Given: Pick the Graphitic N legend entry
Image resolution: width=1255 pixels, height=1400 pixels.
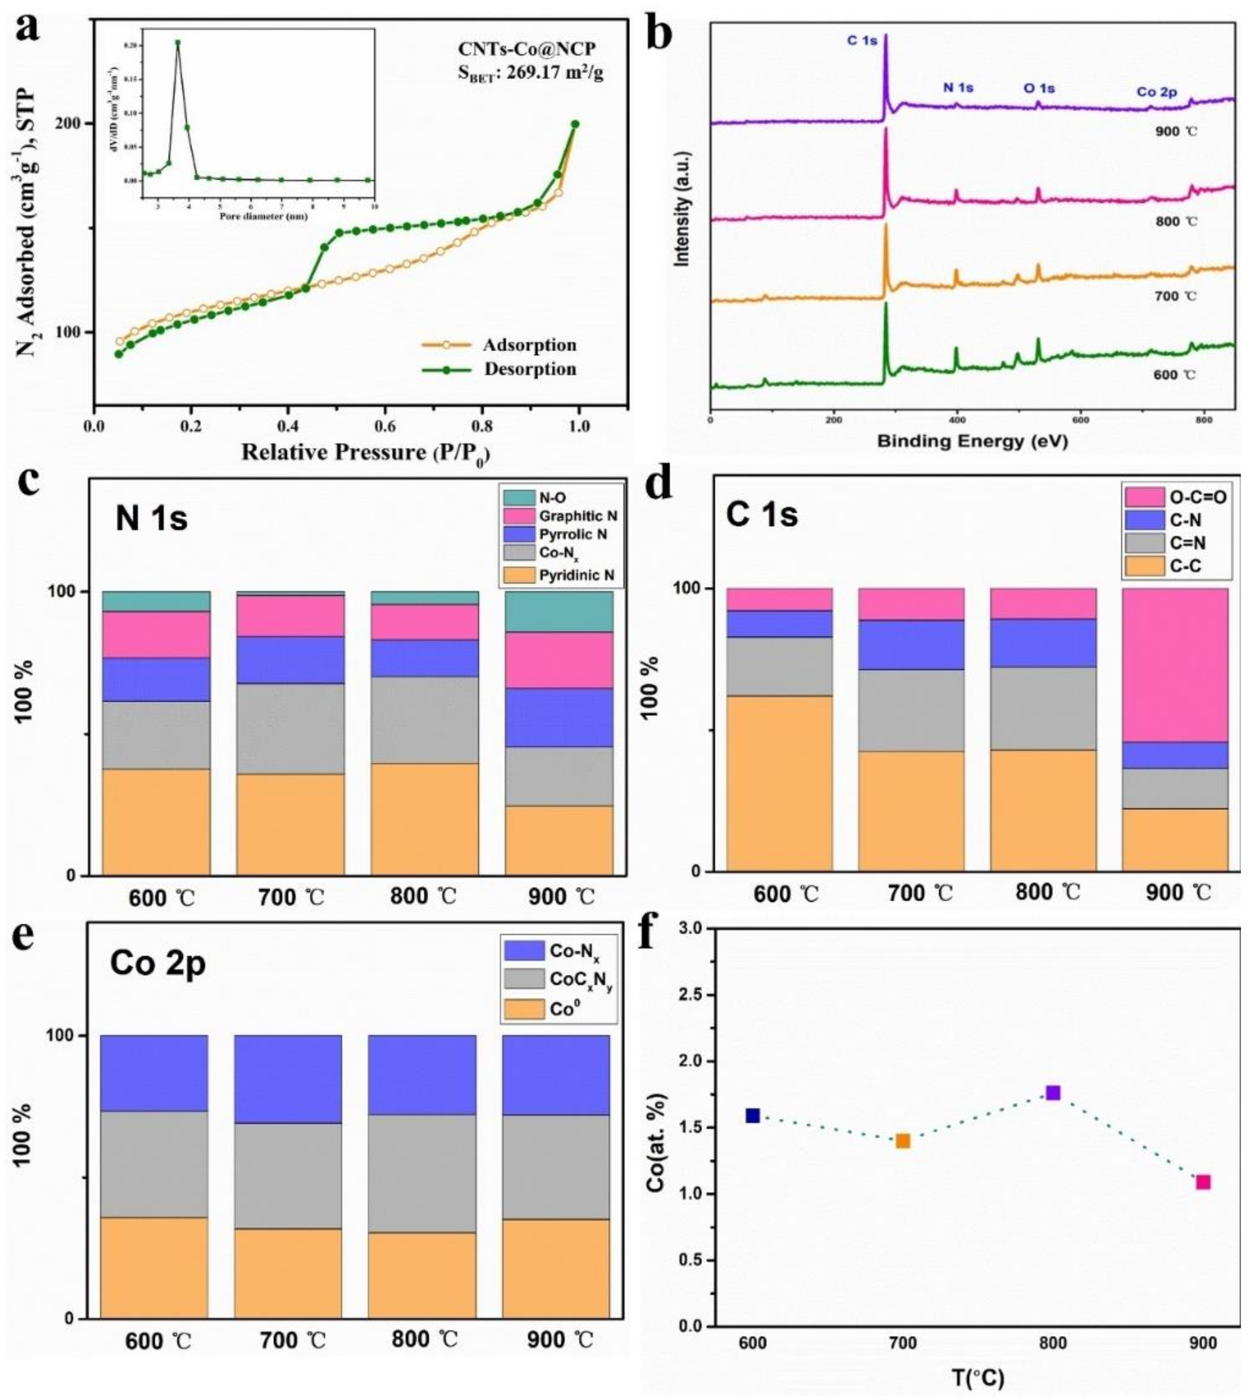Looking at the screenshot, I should [x=578, y=516].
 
